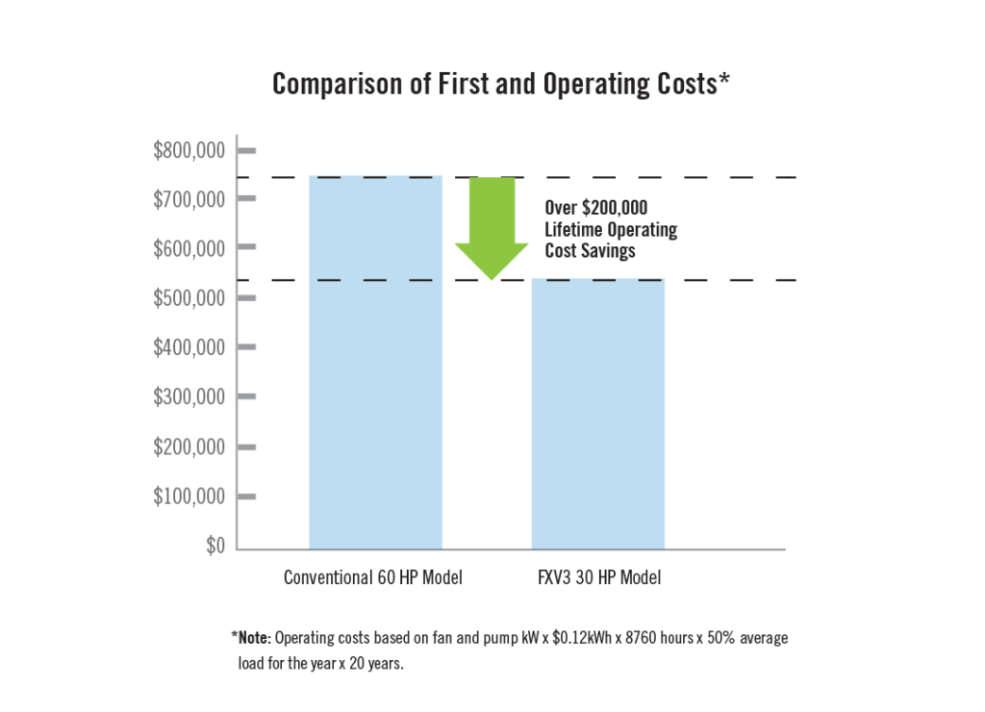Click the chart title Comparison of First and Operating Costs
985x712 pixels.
click(x=500, y=85)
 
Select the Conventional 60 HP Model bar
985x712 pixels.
click(x=375, y=362)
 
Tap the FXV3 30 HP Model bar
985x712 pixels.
click(x=597, y=414)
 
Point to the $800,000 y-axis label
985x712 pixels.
click(x=189, y=150)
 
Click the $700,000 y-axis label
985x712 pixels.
click(x=189, y=199)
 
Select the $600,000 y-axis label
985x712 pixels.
click(x=189, y=248)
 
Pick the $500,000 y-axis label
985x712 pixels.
click(x=189, y=298)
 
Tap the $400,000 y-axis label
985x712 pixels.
click(x=189, y=347)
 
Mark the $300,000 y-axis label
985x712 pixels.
click(x=189, y=397)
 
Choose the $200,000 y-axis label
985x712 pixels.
click(x=189, y=447)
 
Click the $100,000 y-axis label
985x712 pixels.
click(x=189, y=496)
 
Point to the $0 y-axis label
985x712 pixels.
click(x=214, y=547)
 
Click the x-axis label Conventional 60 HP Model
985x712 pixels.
click(x=373, y=578)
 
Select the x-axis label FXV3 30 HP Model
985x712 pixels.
click(x=599, y=578)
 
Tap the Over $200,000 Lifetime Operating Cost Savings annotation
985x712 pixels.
click(x=610, y=229)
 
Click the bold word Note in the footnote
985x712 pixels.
click(x=254, y=638)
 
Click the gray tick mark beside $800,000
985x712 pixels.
click(x=246, y=151)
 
